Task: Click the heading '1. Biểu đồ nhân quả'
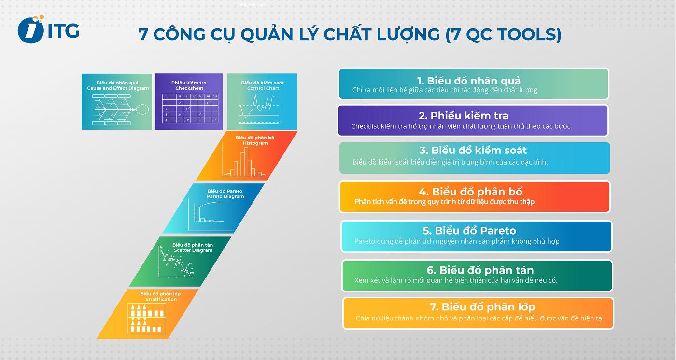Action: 468,81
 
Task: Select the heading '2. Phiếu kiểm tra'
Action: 463,116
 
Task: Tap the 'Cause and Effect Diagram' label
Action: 118,89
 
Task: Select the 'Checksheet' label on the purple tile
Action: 189,89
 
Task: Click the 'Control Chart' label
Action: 263,88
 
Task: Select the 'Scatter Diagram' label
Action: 193,250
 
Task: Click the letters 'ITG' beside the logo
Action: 63,30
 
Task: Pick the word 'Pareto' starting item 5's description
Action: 366,241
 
